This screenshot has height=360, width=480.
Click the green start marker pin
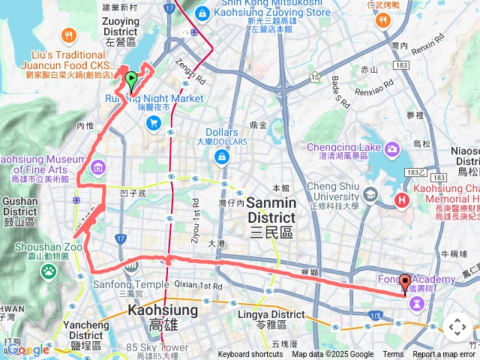pos(131,79)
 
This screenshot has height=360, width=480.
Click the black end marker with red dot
pos(406,283)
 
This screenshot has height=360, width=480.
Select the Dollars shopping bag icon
pos(222,156)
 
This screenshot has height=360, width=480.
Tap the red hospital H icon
pos(402,200)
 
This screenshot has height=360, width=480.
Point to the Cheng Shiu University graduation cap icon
pos(370,195)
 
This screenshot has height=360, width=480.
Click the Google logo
pos(28,349)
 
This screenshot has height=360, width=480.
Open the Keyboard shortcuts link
pos(250,355)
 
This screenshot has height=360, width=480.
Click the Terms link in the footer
pos(393,355)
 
